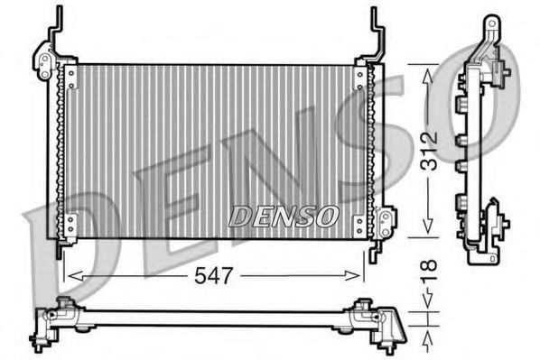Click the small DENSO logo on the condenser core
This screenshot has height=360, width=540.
tap(283, 216)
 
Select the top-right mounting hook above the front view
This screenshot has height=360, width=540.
tap(375, 27)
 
